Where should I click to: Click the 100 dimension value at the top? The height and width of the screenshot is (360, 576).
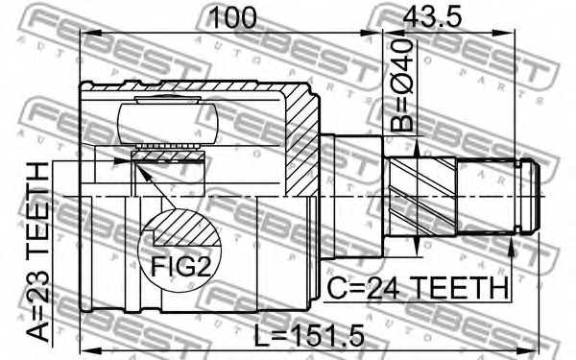(232, 17)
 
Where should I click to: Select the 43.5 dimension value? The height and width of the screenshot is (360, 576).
(432, 17)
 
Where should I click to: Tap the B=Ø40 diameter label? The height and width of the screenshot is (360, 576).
(402, 85)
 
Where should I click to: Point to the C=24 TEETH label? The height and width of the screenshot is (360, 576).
(418, 288)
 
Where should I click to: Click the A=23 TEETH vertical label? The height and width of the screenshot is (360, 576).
(38, 252)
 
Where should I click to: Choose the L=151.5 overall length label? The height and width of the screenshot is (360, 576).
(310, 335)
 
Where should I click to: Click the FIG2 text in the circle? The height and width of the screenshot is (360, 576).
(181, 266)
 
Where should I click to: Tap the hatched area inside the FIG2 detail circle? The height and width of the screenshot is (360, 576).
(185, 229)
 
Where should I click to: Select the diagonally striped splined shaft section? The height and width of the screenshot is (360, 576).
(422, 197)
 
